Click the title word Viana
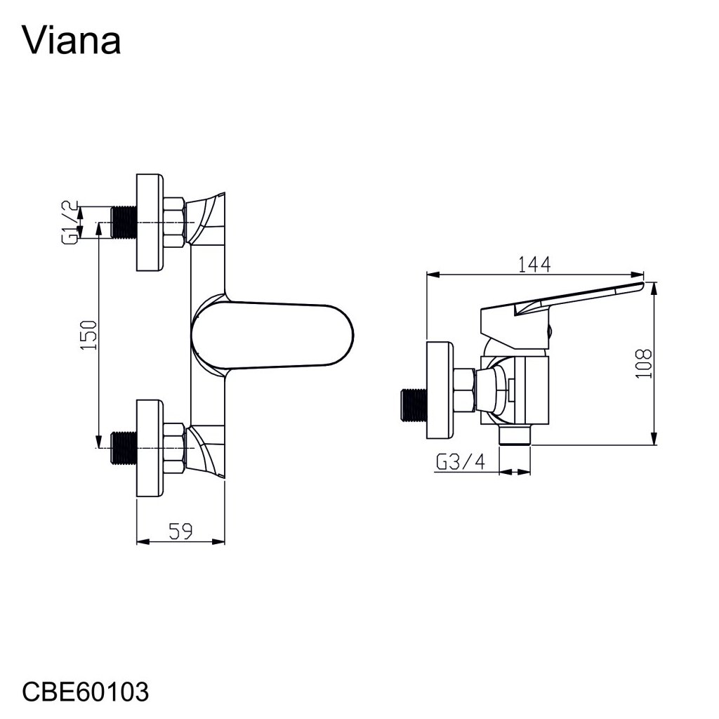click(x=72, y=41)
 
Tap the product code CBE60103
click(x=86, y=692)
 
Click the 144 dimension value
click(x=534, y=265)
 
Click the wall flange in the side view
click(x=441, y=390)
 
